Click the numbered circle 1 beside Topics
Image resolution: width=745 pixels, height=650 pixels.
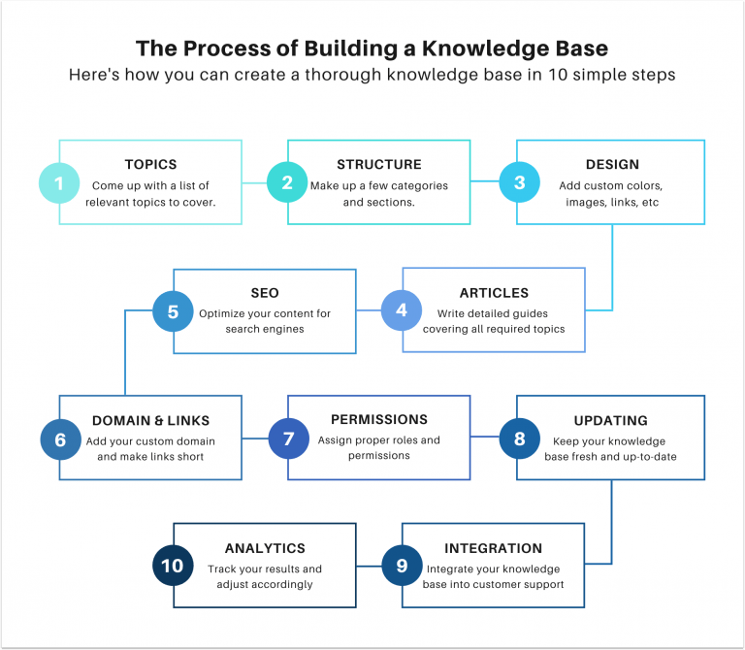coord(59,182)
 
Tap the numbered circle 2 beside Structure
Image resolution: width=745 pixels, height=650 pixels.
coord(288,182)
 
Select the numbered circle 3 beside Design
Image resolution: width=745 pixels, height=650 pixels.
coord(519,182)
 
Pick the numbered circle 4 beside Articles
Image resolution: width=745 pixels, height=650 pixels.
coord(402,310)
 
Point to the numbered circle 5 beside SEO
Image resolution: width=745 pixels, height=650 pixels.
coord(173,311)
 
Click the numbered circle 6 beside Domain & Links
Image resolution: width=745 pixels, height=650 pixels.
coord(60,439)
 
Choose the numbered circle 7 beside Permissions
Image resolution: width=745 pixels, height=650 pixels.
coord(288,439)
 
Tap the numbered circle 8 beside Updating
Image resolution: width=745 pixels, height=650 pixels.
coord(519,439)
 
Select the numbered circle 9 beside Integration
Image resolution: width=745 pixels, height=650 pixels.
coord(402,566)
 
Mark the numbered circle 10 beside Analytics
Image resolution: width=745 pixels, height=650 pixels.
coord(173,566)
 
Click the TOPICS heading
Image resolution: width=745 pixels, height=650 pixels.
coord(150,165)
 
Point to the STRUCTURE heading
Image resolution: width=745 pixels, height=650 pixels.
coord(378,165)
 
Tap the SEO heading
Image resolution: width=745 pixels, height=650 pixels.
coord(265,293)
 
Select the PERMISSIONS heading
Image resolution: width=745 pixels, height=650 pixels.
coord(378,420)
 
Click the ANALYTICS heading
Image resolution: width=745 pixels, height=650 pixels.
coord(265,548)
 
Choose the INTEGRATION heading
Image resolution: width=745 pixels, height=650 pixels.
coord(493,548)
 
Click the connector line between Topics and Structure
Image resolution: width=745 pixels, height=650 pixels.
coord(254,182)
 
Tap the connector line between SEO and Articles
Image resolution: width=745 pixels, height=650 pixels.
coord(369,311)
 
